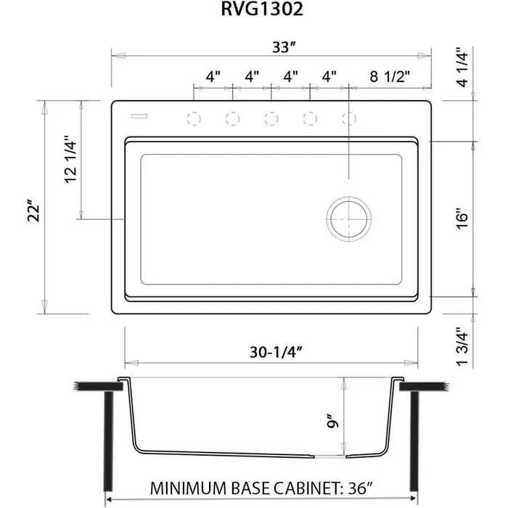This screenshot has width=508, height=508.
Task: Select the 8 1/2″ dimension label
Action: (x=390, y=75)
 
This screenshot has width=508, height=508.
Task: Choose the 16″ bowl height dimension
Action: (x=464, y=218)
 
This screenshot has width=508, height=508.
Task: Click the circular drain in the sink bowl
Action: (x=349, y=218)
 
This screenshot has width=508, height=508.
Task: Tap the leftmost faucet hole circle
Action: (x=194, y=118)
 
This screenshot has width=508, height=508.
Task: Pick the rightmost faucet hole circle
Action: (x=349, y=118)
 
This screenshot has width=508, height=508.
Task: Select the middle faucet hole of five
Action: (x=271, y=118)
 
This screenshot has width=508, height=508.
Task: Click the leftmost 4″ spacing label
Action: (x=213, y=75)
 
